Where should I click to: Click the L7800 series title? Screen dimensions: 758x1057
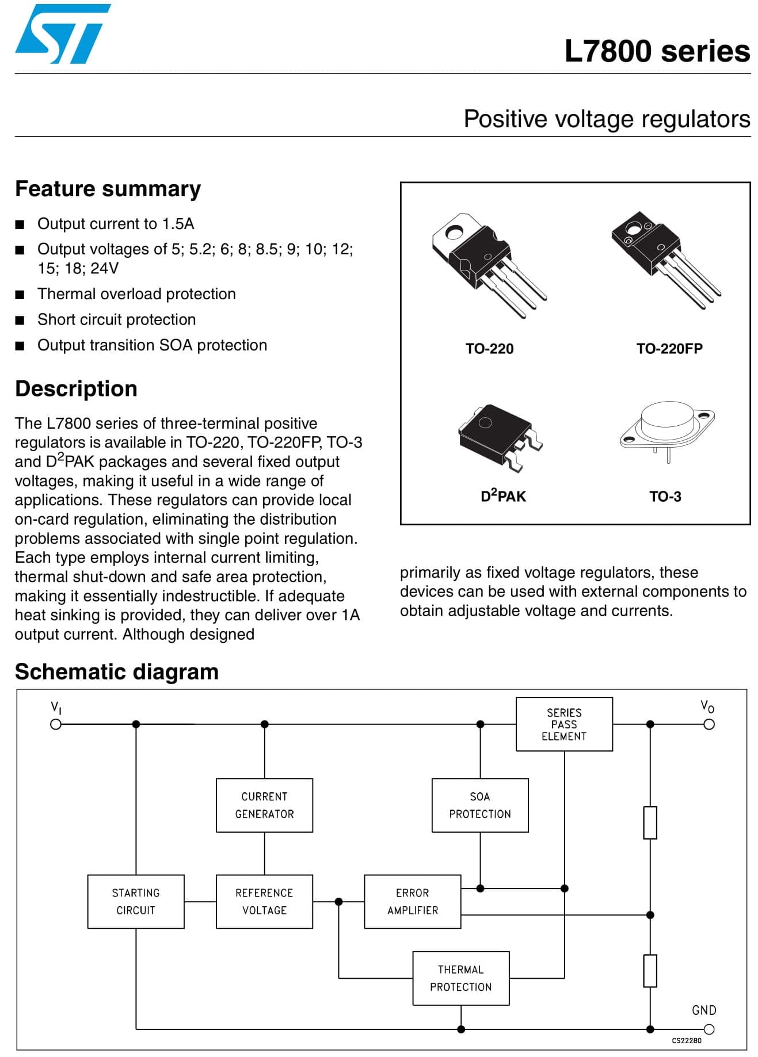tap(657, 51)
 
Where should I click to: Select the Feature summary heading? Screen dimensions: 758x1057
tap(108, 189)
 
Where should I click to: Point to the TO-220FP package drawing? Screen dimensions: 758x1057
tap(665, 259)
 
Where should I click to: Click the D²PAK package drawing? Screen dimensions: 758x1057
tap(500, 436)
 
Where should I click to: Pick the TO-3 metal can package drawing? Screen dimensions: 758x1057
tap(667, 429)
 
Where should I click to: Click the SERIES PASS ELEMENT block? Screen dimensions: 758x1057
tap(564, 724)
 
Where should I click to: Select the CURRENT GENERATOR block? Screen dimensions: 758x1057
tap(264, 805)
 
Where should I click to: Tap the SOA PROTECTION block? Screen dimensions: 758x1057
tap(480, 805)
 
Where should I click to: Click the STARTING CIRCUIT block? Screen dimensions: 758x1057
tap(136, 902)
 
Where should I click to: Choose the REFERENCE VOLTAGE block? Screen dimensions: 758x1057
tap(264, 902)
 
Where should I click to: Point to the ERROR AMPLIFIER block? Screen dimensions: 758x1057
tap(413, 902)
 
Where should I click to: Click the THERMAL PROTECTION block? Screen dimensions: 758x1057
tap(461, 978)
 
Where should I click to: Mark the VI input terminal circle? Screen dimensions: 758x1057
tap(56, 724)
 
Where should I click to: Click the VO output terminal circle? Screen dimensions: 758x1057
tap(709, 724)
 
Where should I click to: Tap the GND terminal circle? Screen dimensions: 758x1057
tap(709, 1029)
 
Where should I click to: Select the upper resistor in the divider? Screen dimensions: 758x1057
tap(650, 822)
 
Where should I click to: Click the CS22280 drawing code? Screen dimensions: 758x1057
tap(687, 1040)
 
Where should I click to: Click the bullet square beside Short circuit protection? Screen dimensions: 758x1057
tap(20, 320)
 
